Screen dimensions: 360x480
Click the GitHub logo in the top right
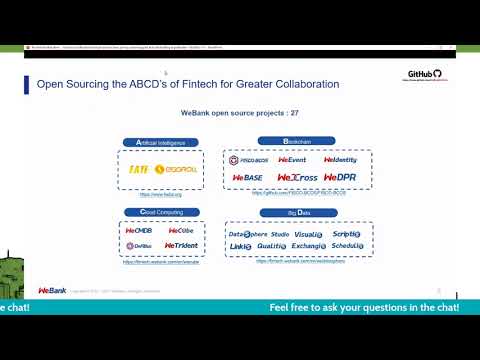click(x=424, y=74)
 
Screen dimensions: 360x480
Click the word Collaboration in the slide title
click(x=299, y=84)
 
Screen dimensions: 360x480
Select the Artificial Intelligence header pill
click(x=154, y=143)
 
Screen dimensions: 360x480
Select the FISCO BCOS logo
click(x=247, y=160)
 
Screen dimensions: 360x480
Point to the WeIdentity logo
click(x=340, y=160)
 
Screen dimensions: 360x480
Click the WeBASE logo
click(x=247, y=178)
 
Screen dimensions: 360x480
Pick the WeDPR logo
click(x=340, y=178)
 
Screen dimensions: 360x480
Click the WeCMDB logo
click(x=138, y=230)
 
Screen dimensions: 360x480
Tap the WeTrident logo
click(x=180, y=245)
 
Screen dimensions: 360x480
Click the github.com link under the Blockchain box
click(x=298, y=194)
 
